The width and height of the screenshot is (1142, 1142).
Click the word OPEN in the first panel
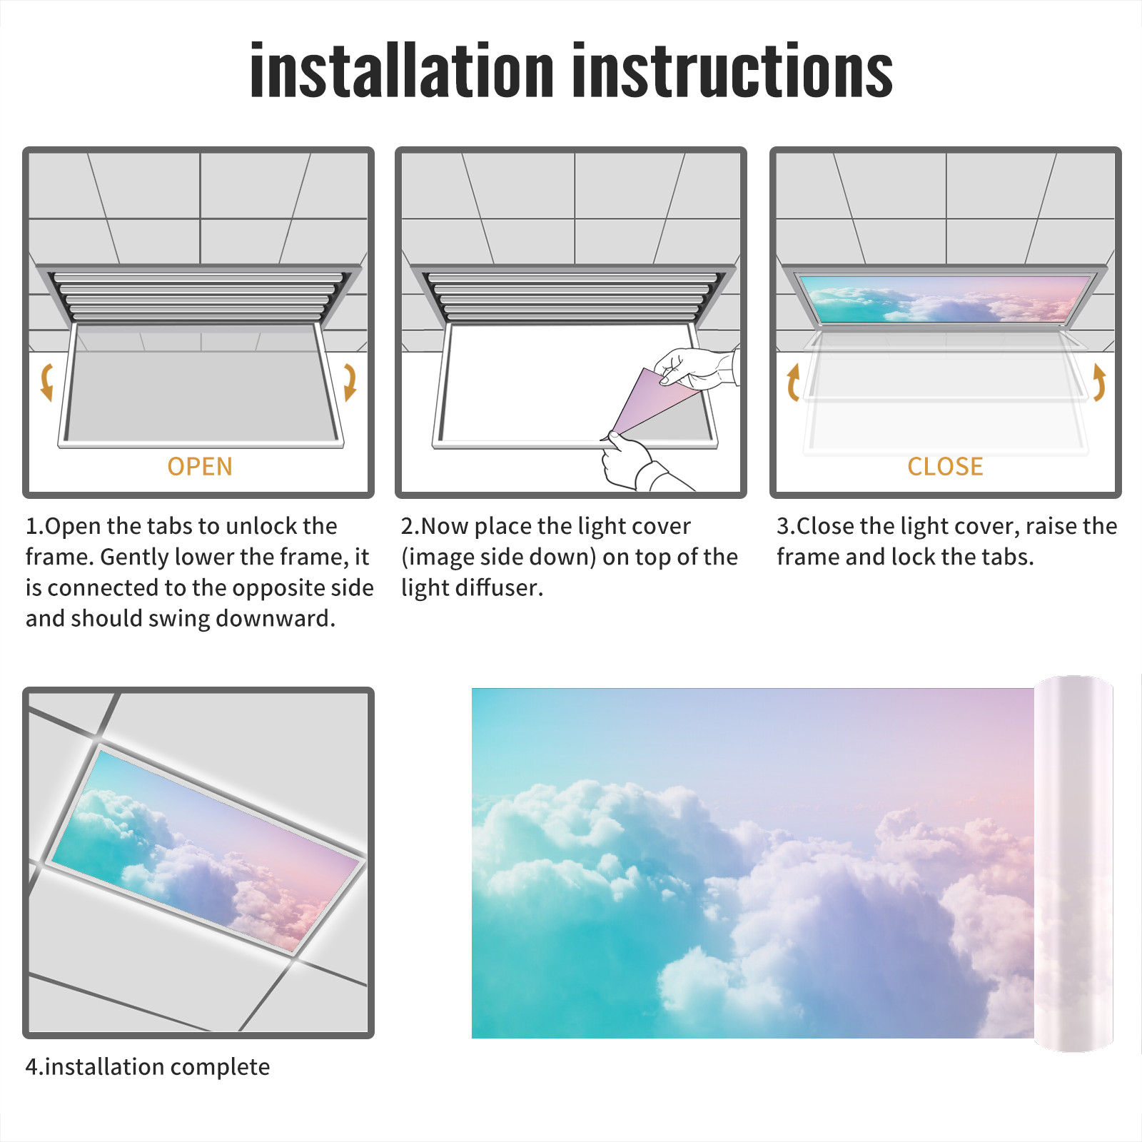click(200, 467)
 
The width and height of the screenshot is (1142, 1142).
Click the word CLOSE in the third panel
click(945, 467)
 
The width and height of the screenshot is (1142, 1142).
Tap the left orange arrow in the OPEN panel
click(47, 382)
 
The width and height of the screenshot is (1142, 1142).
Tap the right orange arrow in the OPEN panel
click(350, 382)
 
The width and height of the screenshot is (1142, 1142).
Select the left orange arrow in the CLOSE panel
click(792, 382)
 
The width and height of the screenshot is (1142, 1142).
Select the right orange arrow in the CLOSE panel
click(1099, 382)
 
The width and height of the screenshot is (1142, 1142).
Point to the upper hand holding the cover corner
click(696, 368)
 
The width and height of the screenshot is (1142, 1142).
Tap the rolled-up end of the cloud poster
click(1073, 864)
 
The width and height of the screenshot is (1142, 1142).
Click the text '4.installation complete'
click(148, 1067)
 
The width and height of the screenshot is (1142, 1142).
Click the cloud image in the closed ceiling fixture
click(945, 298)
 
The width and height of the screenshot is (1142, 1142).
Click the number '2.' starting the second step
click(410, 526)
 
